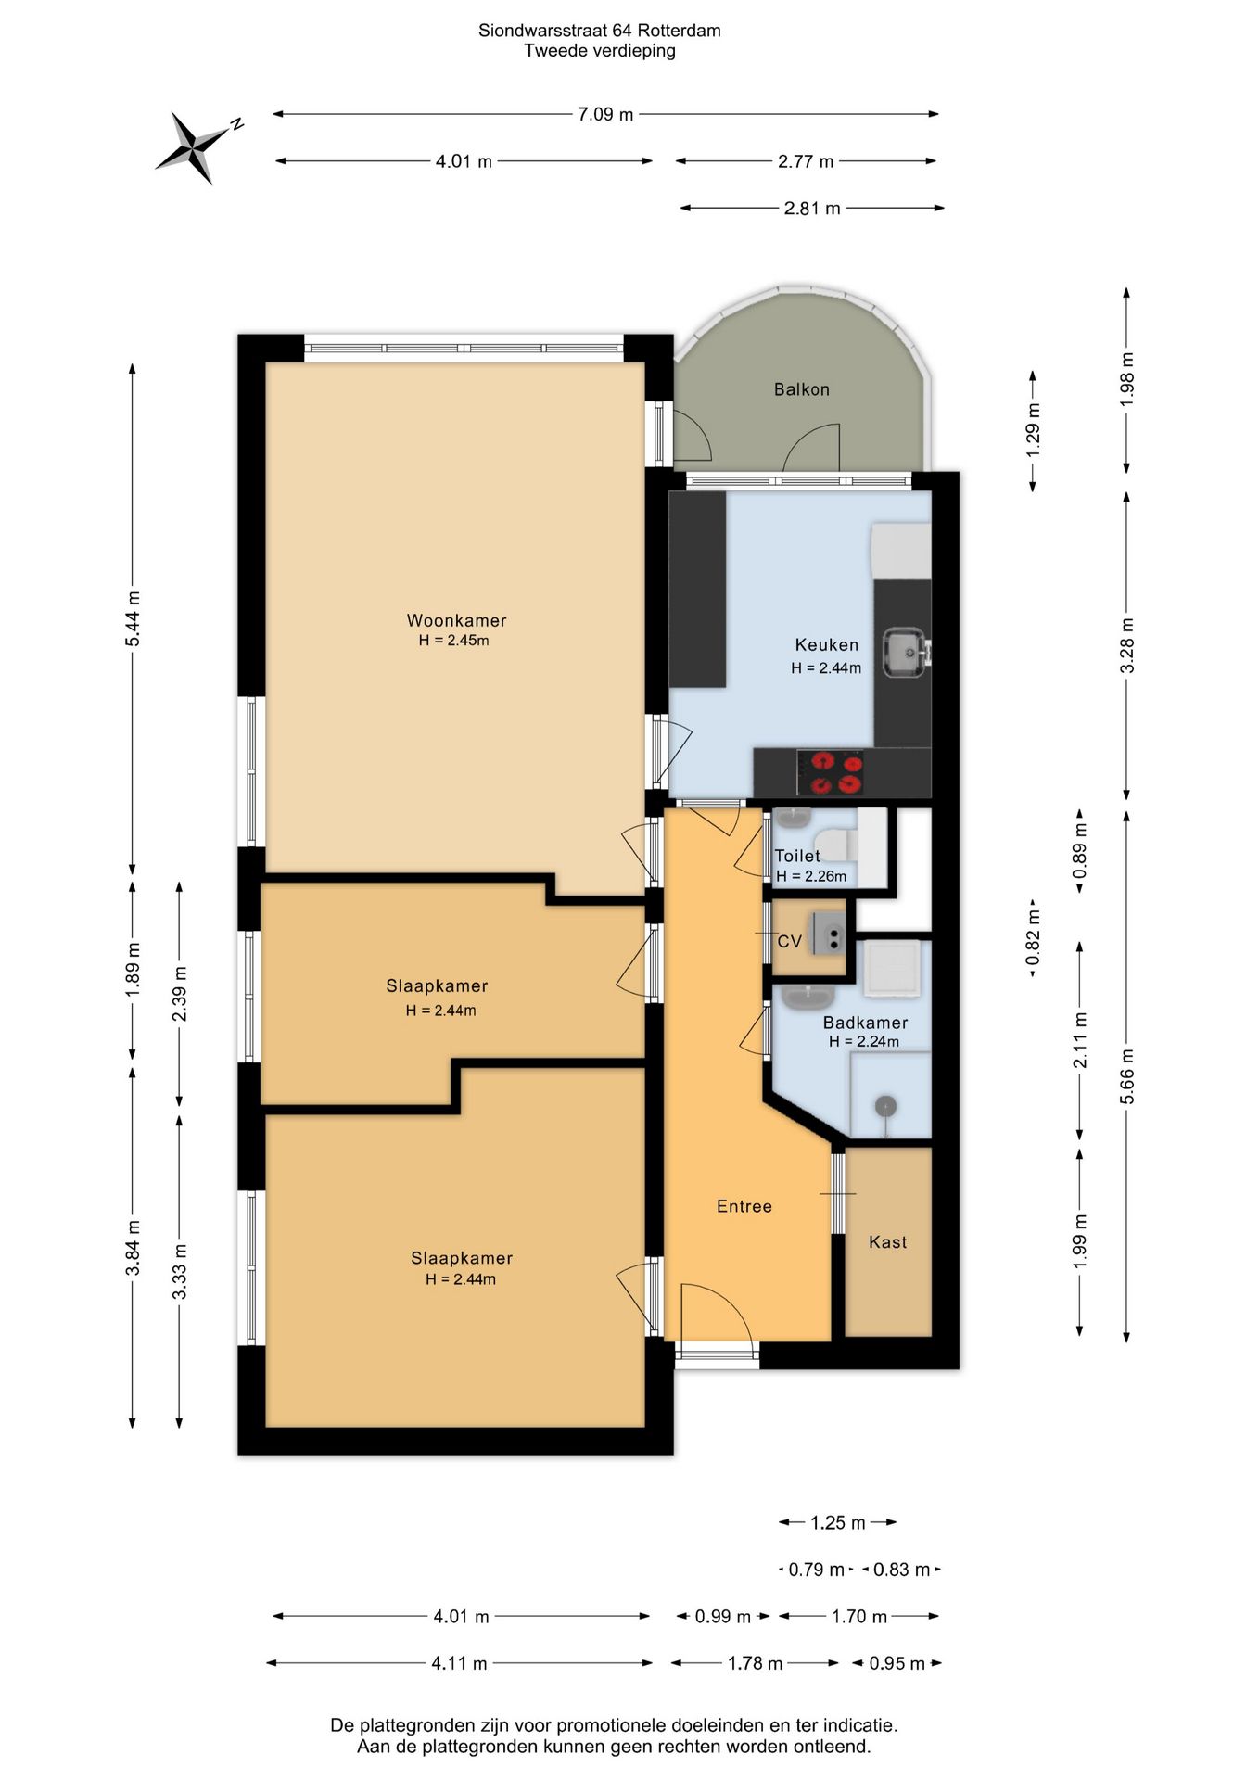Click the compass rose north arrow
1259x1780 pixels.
(193, 147)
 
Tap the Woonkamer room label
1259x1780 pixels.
(456, 620)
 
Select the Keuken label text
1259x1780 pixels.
(826, 644)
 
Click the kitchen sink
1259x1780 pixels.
(904, 652)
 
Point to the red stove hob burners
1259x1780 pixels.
(837, 773)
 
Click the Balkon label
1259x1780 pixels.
(801, 389)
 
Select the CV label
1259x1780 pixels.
(789, 942)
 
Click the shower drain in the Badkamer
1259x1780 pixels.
(886, 1105)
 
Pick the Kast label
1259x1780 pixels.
(887, 1242)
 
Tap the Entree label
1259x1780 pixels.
(744, 1206)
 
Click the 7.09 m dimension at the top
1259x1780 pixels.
(605, 114)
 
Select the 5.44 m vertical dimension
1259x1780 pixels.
(133, 618)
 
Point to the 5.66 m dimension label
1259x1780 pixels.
(1126, 1075)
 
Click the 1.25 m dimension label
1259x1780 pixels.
(838, 1522)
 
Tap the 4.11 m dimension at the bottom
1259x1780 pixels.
(459, 1663)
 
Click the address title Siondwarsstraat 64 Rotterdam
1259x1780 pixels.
(599, 31)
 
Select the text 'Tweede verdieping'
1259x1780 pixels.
(599, 51)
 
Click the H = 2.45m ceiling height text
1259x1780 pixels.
(453, 641)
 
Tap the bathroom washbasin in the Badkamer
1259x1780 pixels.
(808, 997)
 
